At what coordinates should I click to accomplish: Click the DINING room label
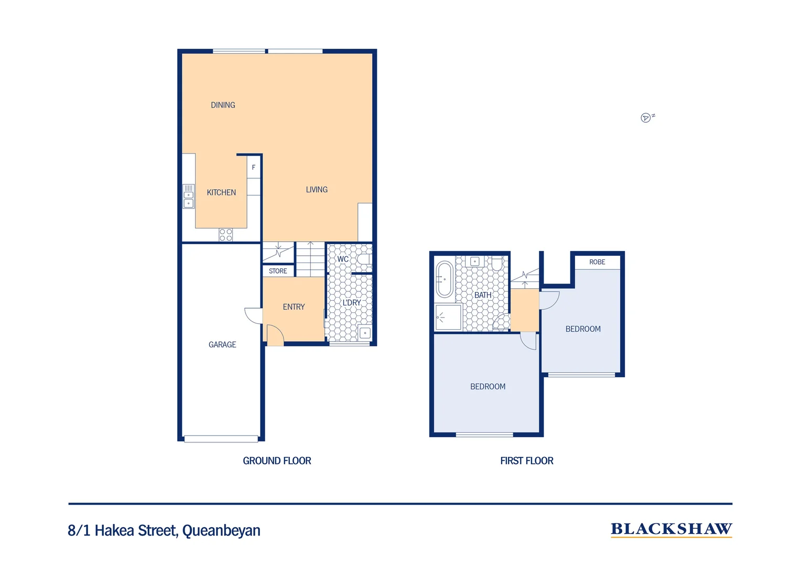pos(223,105)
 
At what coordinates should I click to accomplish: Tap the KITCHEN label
pos(221,192)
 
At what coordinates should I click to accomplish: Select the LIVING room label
pos(317,190)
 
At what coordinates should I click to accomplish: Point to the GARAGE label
pos(222,344)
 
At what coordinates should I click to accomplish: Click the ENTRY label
pos(294,307)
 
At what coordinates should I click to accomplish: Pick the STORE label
pos(278,271)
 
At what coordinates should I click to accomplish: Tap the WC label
pos(343,259)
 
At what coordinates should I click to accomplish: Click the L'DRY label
pos(351,303)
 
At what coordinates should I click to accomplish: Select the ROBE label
pos(597,262)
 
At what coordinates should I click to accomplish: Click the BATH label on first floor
pos(483,295)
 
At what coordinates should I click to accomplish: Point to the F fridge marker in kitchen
pos(254,168)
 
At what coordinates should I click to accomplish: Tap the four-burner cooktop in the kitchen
pos(226,235)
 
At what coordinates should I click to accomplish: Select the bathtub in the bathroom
pos(445,279)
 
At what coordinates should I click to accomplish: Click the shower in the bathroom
pos(448,318)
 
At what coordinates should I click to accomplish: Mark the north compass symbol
pos(646,118)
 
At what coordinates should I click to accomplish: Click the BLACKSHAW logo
pos(671,529)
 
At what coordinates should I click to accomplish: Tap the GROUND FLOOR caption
pos(277,461)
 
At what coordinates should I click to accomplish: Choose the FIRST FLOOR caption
pos(526,461)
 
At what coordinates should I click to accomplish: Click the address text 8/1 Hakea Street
pos(164,530)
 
